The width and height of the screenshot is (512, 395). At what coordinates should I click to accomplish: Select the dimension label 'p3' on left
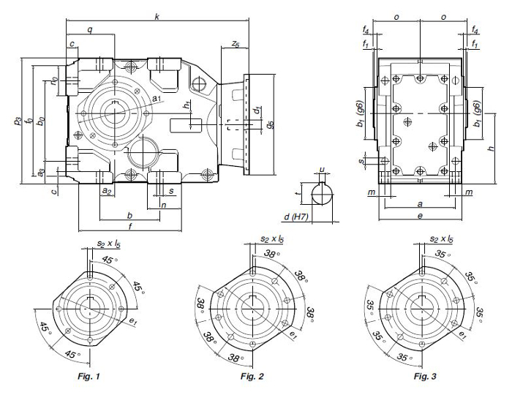click(17, 120)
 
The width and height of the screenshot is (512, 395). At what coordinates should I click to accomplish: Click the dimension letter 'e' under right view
click(422, 217)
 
